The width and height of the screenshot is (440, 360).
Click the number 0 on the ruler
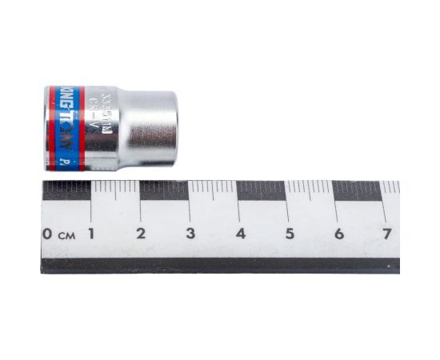coord(48,234)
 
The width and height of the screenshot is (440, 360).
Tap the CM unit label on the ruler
coord(66,235)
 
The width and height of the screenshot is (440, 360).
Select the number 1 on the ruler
coord(91,234)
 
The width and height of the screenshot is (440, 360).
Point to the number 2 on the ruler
coord(141,234)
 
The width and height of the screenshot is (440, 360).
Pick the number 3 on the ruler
coord(190,234)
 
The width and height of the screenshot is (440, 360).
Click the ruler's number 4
coord(240,234)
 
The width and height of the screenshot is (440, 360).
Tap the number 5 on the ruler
coord(290,234)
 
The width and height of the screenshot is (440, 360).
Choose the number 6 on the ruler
coord(339,234)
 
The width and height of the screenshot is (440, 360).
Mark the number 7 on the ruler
coord(388,234)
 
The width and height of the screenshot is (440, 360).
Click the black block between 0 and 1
coord(66,190)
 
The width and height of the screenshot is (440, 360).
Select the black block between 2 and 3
coord(165,190)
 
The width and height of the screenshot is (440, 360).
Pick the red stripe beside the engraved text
coord(82,128)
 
